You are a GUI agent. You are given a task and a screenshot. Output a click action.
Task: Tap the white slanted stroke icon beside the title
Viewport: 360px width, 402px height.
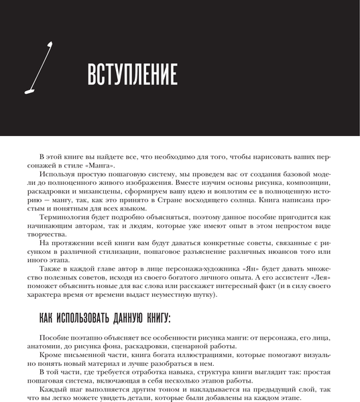(x=45, y=67)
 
